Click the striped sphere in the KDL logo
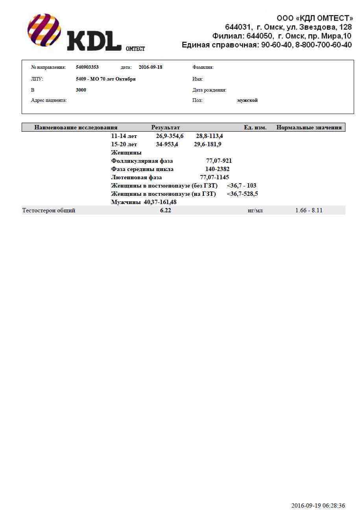coord(44,30)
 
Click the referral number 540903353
coord(87,67)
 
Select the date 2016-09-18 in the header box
coord(150,67)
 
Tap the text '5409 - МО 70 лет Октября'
coord(105,79)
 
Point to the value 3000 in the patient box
coord(81,90)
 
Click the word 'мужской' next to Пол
coord(247,101)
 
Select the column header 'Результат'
coord(165,127)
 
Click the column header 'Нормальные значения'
coord(309,127)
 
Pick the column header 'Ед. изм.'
coord(255,127)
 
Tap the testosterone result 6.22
coord(165,210)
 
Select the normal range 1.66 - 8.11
coord(309,210)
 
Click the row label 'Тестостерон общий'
coord(49,210)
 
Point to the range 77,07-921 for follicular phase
coord(219,161)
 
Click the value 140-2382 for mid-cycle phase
coord(217,169)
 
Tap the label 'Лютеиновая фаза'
coord(136,177)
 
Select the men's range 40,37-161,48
coord(160,202)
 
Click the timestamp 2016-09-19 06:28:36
coord(318,506)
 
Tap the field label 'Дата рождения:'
coord(209,90)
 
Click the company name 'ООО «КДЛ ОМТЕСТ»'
coord(315,18)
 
